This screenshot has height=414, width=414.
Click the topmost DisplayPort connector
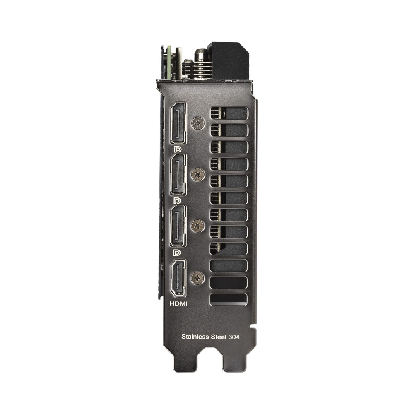[178, 123]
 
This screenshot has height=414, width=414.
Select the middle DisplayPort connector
[178, 175]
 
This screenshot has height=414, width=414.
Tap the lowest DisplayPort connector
[178, 226]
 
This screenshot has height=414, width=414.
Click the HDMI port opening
[178, 278]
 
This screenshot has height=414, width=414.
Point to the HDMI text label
[178, 303]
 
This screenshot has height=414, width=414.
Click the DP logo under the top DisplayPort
[177, 149]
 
